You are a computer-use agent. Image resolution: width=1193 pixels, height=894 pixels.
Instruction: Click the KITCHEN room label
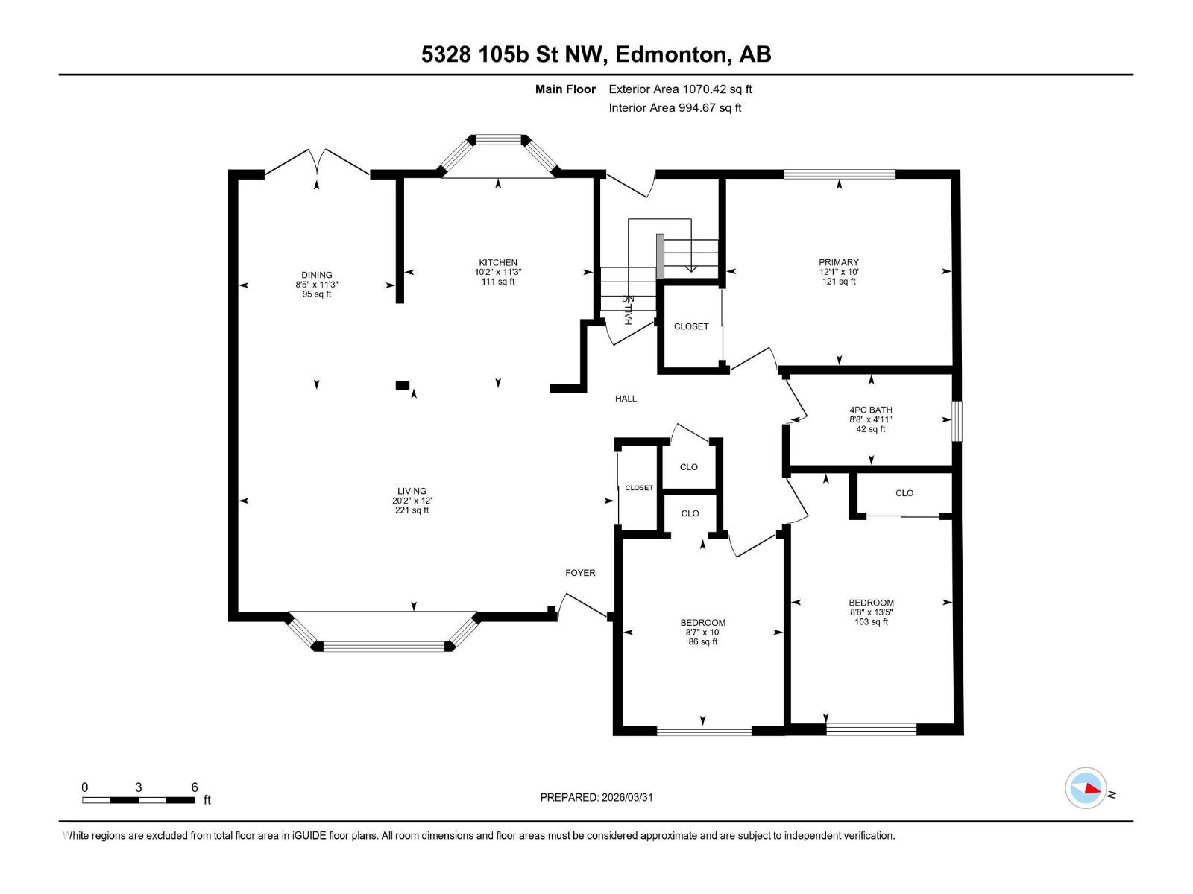coord(498,263)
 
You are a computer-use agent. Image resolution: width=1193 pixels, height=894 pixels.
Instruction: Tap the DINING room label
coord(317,275)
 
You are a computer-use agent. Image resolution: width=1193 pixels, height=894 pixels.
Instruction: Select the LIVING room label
coord(412,491)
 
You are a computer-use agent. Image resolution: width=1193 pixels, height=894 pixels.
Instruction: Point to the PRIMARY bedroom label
coord(839,262)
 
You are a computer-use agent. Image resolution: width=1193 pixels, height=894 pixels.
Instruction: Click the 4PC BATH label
coord(871,410)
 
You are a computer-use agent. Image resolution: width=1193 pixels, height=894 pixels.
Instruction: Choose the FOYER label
coord(580,573)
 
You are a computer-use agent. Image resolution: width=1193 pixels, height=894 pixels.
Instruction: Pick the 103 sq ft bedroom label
coord(871,603)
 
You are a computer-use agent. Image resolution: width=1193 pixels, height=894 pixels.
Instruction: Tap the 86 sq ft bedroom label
coord(702,623)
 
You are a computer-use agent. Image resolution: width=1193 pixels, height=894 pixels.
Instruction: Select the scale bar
coord(139,800)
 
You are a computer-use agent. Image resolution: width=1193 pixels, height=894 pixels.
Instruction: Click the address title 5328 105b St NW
coord(596,54)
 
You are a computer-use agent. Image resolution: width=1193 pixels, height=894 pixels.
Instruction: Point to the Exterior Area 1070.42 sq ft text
coord(680,89)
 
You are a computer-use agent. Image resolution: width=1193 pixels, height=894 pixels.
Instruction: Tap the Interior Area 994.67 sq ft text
coord(675,107)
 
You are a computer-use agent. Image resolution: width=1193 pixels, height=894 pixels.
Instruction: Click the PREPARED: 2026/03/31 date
coord(596,797)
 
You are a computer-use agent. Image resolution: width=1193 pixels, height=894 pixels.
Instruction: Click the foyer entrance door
coord(583,605)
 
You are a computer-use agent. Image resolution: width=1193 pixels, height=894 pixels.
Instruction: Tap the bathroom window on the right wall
coord(957,421)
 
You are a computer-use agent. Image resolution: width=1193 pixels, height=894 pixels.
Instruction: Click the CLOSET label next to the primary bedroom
coord(691,326)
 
